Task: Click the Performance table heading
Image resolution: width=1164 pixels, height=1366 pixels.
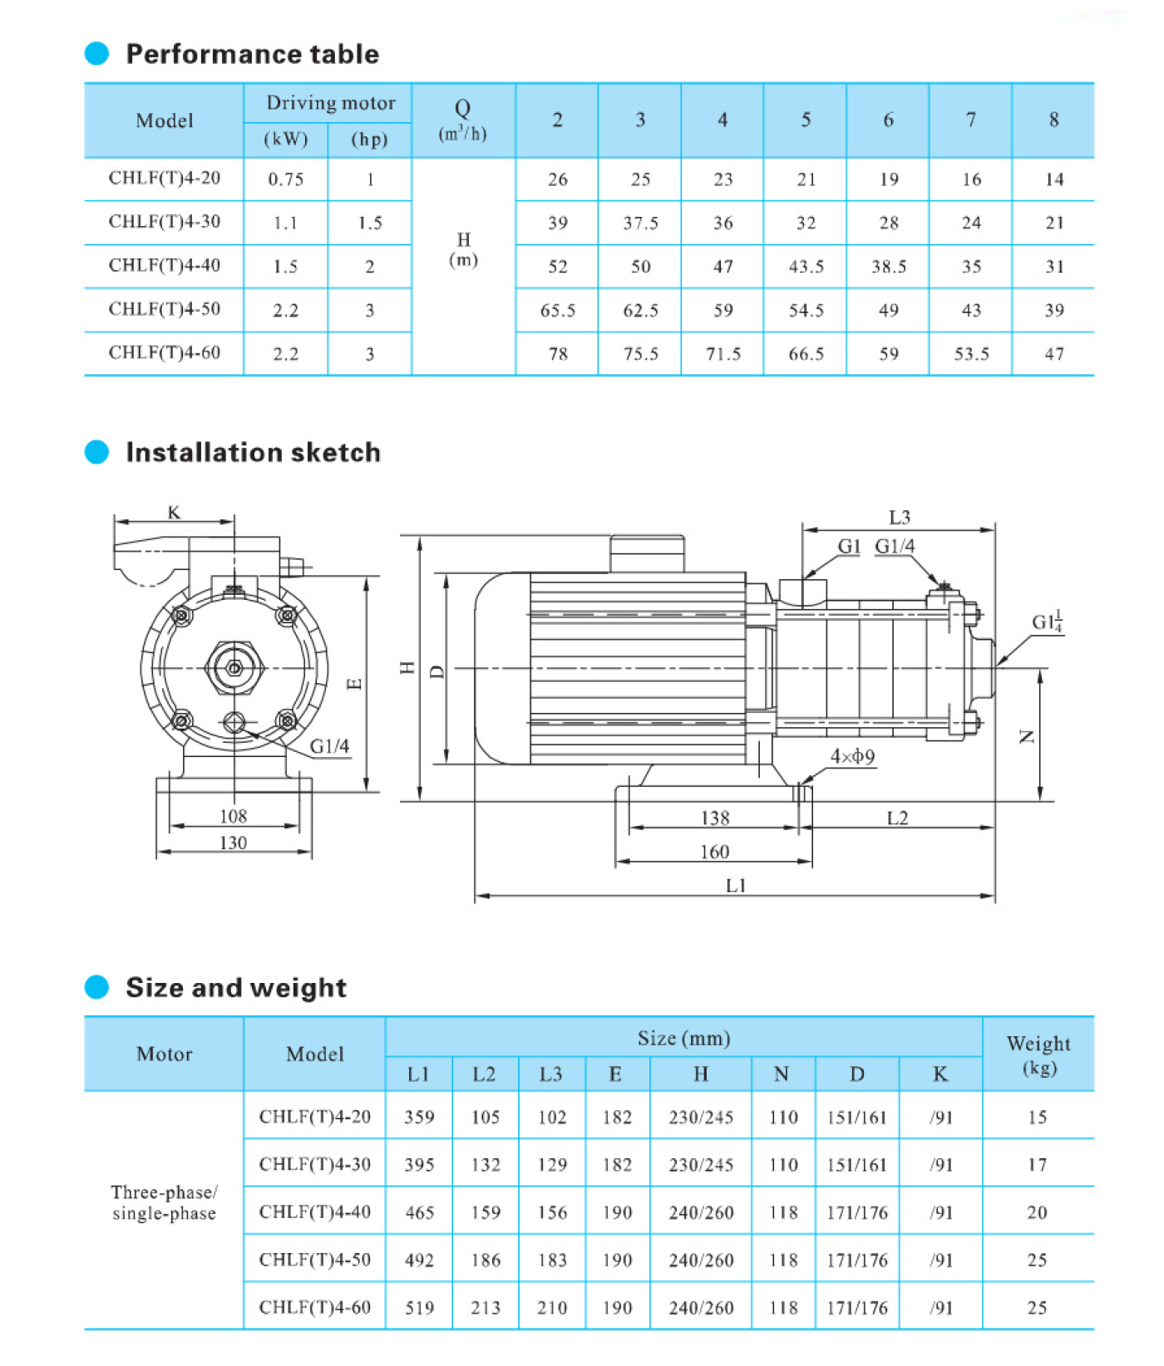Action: pyautogui.click(x=252, y=54)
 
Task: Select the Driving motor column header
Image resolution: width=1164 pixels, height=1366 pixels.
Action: pyautogui.click(x=330, y=103)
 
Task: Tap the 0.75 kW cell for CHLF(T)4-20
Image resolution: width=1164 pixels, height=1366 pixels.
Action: pyautogui.click(x=285, y=179)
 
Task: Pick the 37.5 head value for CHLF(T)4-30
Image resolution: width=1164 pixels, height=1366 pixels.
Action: pyautogui.click(x=640, y=223)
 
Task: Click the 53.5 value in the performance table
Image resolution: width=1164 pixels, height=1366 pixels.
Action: pyautogui.click(x=971, y=354)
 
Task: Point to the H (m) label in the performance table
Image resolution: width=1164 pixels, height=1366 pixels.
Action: pyautogui.click(x=463, y=249)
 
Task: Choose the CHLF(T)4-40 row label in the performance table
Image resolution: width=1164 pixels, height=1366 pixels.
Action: pyautogui.click(x=165, y=266)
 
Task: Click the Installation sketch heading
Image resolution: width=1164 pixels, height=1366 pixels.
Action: pyautogui.click(x=253, y=452)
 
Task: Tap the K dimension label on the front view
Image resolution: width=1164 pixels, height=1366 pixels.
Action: pyautogui.click(x=174, y=513)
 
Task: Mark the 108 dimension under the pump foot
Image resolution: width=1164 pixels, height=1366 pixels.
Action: pyautogui.click(x=233, y=816)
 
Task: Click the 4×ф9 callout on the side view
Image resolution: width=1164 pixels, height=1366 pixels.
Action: pyautogui.click(x=852, y=756)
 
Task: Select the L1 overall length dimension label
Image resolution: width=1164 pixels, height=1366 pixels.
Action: pyautogui.click(x=736, y=886)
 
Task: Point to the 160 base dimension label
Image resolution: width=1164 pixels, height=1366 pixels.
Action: pyautogui.click(x=714, y=852)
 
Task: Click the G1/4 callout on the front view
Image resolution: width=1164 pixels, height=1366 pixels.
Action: pyautogui.click(x=329, y=746)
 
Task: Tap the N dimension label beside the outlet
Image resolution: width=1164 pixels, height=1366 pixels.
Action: pyautogui.click(x=1028, y=736)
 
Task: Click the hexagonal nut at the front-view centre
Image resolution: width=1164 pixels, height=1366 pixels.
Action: pyautogui.click(x=234, y=668)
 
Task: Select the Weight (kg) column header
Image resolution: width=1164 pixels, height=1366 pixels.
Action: pyautogui.click(x=1038, y=1054)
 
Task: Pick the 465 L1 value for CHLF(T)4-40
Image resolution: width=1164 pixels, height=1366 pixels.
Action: pyautogui.click(x=419, y=1212)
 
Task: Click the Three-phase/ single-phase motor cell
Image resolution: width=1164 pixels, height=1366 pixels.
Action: pyautogui.click(x=164, y=1202)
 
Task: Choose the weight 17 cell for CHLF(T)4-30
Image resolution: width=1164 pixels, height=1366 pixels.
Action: pyautogui.click(x=1037, y=1165)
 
